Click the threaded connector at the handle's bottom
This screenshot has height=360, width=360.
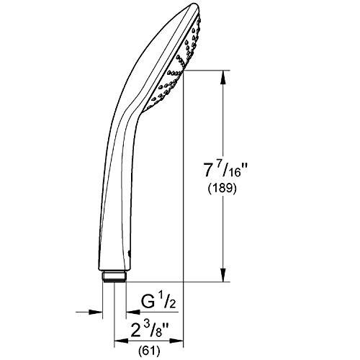click(115, 276)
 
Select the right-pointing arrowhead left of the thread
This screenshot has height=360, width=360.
click(99, 312)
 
